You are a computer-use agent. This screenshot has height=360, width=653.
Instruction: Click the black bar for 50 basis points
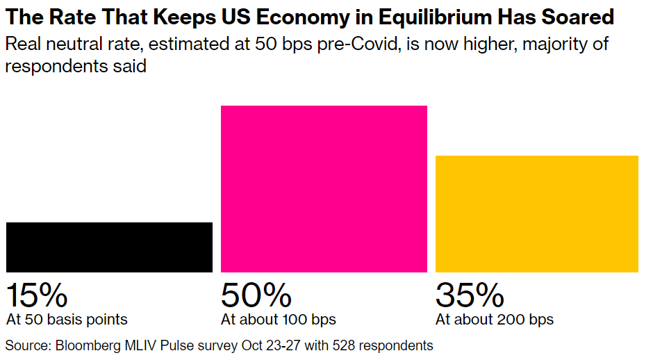pos(109,247)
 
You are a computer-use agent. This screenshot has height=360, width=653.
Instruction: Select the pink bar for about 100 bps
pos(324,188)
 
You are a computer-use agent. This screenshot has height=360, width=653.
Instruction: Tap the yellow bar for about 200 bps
pos(536,213)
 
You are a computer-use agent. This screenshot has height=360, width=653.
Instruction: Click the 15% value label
pos(37,295)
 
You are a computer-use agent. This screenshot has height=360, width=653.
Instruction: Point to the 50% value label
pos(256,295)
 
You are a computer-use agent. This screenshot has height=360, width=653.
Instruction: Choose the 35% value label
pos(470,295)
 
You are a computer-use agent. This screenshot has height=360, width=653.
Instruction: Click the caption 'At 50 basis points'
pos(67,320)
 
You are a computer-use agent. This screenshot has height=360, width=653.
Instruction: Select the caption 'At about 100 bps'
pos(279,320)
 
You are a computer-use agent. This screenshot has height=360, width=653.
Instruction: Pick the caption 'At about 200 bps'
pos(495,320)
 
